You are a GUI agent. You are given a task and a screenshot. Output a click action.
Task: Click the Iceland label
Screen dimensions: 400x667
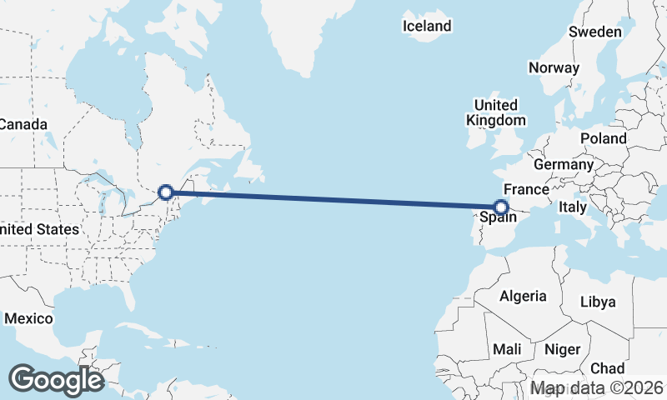click(427, 26)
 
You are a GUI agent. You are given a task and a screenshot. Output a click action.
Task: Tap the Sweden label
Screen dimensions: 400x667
click(595, 32)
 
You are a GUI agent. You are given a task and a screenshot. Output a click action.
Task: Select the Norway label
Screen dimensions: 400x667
click(554, 67)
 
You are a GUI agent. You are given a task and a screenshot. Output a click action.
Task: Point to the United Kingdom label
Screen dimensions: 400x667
click(495, 112)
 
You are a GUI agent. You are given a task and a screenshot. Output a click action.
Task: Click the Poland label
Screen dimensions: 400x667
click(604, 137)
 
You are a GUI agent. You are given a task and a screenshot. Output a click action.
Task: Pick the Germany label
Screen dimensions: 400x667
click(563, 164)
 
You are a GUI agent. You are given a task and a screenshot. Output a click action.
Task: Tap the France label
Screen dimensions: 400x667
click(525, 189)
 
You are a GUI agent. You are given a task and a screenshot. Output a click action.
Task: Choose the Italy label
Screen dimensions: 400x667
click(573, 207)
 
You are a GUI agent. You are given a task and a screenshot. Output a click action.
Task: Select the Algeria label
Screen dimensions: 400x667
click(523, 296)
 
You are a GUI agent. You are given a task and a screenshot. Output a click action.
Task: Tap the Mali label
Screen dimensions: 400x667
click(507, 349)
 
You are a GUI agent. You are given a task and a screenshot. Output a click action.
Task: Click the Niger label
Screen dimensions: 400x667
click(561, 349)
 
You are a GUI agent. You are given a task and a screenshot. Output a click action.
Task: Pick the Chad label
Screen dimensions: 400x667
click(607, 368)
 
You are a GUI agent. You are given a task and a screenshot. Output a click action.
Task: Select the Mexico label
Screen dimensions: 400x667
click(28, 318)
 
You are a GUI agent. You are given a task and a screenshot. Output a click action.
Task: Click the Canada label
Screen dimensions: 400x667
click(23, 124)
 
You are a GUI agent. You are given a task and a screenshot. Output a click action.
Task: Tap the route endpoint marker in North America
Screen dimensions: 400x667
click(166, 192)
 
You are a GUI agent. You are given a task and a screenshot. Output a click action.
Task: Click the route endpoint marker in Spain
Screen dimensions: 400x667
click(501, 207)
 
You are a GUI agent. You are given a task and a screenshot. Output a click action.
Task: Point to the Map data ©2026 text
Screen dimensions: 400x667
click(597, 388)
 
